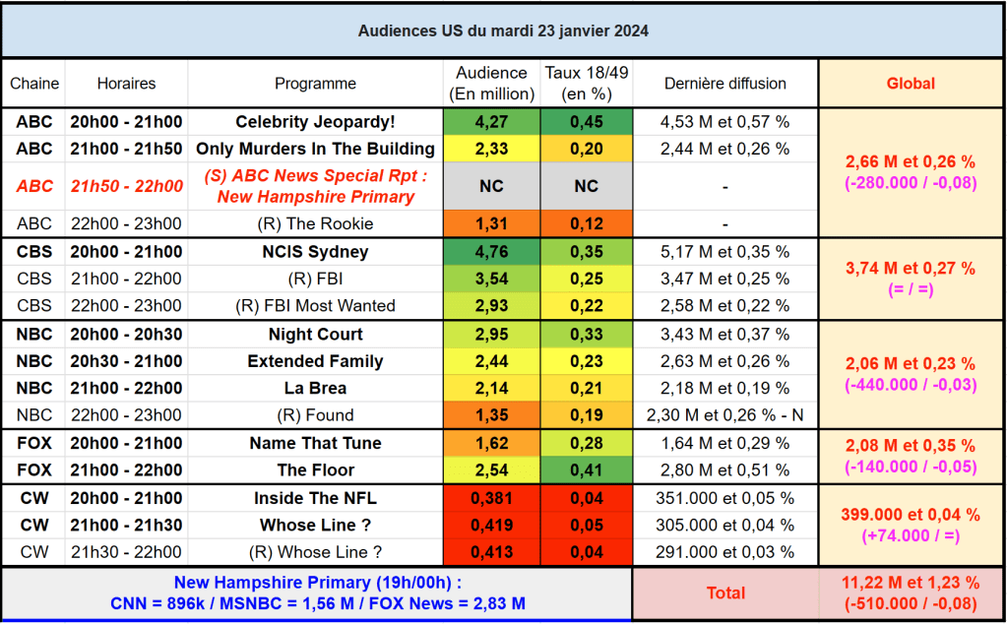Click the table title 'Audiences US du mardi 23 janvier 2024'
pyautogui.click(x=503, y=31)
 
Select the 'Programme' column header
pyautogui.click(x=315, y=84)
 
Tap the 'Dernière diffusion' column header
pyautogui.click(x=725, y=84)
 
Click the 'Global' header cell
pyautogui.click(x=911, y=84)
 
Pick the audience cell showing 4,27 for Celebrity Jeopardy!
pyautogui.click(x=492, y=122)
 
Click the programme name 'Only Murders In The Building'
pyautogui.click(x=315, y=149)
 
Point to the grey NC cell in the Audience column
pyautogui.click(x=492, y=186)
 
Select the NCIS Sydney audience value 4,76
pyautogui.click(x=492, y=251)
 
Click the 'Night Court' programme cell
pyautogui.click(x=315, y=335)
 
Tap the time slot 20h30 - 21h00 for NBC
pyautogui.click(x=126, y=361)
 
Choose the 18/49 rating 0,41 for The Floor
pyautogui.click(x=587, y=469)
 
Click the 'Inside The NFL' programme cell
pyautogui.click(x=315, y=498)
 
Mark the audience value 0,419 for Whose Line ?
pyautogui.click(x=492, y=525)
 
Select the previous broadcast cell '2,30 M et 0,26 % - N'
pyautogui.click(x=725, y=415)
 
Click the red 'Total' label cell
pyautogui.click(x=725, y=593)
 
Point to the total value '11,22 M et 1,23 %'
pyautogui.click(x=911, y=583)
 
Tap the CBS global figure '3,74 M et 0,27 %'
pyautogui.click(x=911, y=268)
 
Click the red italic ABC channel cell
pyautogui.click(x=35, y=186)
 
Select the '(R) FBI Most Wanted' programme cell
pyautogui.click(x=315, y=306)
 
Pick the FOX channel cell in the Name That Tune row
pyautogui.click(x=35, y=443)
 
